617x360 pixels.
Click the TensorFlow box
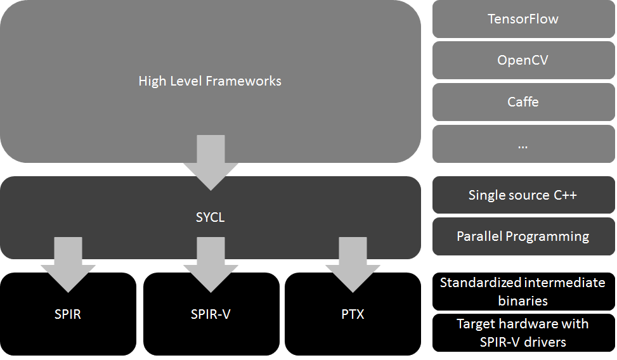(x=523, y=19)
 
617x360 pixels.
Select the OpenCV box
(x=523, y=61)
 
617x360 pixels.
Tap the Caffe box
(x=523, y=101)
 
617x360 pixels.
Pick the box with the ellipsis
(x=523, y=144)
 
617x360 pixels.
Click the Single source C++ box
(x=523, y=195)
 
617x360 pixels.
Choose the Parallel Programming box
(x=523, y=236)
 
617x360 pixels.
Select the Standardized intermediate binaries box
(x=523, y=292)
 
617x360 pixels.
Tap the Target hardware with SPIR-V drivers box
(x=523, y=333)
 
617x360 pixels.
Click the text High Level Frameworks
(x=210, y=81)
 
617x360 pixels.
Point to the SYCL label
(x=210, y=218)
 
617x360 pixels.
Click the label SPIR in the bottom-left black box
(x=68, y=314)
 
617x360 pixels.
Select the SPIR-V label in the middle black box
(x=210, y=314)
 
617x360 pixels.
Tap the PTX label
(x=353, y=314)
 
